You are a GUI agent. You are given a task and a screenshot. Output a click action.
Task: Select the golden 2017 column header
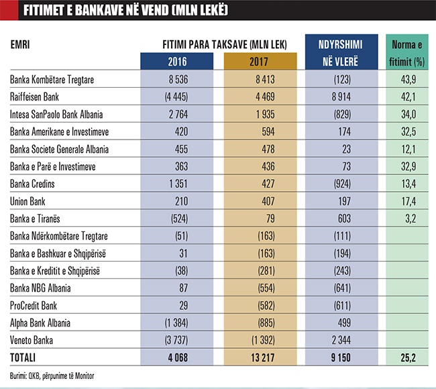point(260,62)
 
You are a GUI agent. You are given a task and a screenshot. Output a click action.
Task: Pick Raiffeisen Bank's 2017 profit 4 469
point(260,96)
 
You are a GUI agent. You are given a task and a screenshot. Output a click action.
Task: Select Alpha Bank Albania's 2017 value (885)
point(260,322)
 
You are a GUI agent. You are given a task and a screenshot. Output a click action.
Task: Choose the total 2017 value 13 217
point(260,357)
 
